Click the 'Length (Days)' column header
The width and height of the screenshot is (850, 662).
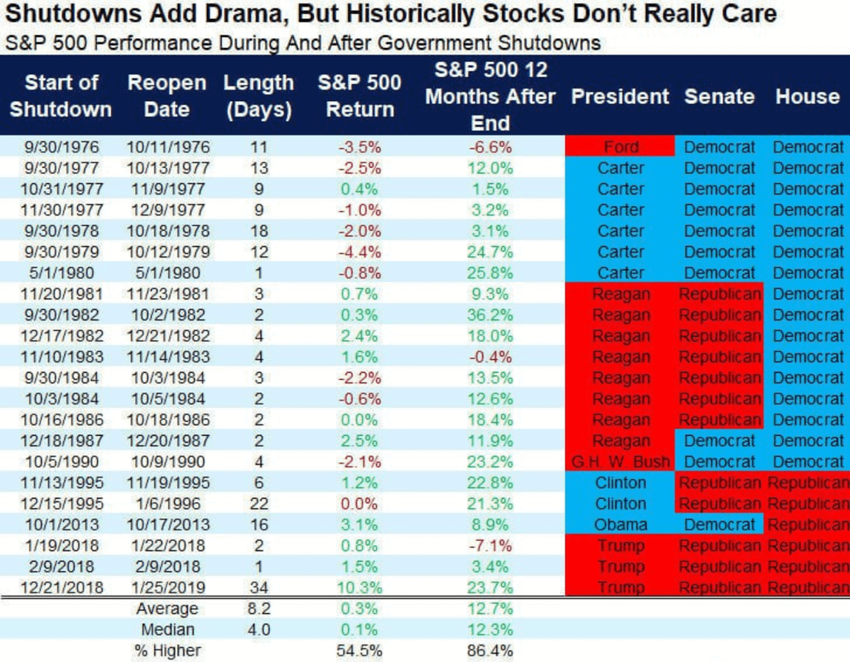point(258,96)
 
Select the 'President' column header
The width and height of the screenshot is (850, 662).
point(620,96)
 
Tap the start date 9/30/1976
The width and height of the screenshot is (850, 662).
point(61,147)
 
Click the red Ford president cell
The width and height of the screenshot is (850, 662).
point(621,147)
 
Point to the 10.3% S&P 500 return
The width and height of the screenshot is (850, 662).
point(360,588)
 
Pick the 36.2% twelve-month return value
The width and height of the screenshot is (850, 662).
point(490,315)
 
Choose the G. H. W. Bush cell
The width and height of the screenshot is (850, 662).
point(621,462)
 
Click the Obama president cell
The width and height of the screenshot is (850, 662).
point(621,525)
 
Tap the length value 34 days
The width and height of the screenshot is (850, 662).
point(258,588)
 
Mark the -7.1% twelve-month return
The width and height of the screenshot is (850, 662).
point(490,545)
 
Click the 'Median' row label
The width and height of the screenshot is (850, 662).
point(167,630)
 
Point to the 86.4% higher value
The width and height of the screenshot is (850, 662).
point(490,651)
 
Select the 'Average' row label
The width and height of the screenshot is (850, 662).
point(167,609)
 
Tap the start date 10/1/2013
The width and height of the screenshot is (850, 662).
point(61,525)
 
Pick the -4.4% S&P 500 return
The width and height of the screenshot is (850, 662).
point(360,252)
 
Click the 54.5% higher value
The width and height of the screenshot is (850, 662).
point(360,651)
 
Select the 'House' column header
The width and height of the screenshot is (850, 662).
point(807,96)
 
